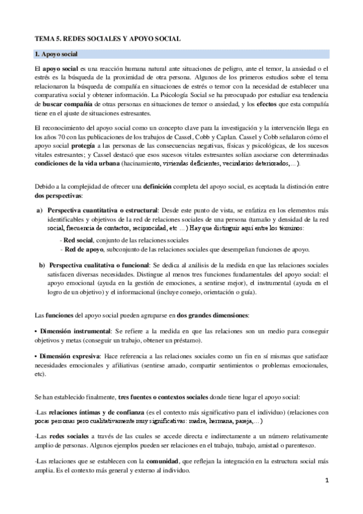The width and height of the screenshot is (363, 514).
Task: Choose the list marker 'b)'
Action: [x=42, y=265]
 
